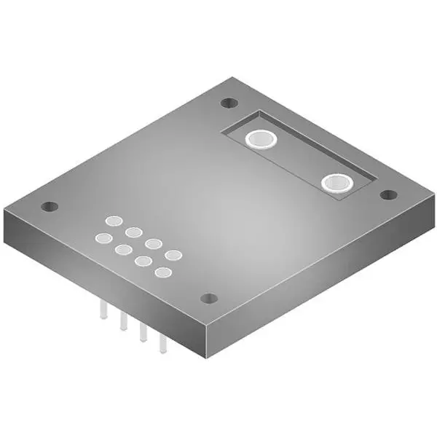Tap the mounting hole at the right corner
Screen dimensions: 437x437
[x=389, y=194]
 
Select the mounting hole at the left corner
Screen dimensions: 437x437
[x=49, y=206]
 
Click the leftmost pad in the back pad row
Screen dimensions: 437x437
[x=114, y=220]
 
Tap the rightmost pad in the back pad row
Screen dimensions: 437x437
[x=173, y=255]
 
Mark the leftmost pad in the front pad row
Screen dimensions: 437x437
[x=103, y=237]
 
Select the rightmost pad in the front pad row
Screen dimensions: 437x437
[x=162, y=273]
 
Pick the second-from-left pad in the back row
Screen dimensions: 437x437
[x=133, y=232]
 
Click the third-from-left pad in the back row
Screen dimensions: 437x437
[x=153, y=243]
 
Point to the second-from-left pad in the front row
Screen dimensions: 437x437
[x=122, y=249]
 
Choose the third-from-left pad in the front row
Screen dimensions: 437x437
[x=143, y=261]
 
